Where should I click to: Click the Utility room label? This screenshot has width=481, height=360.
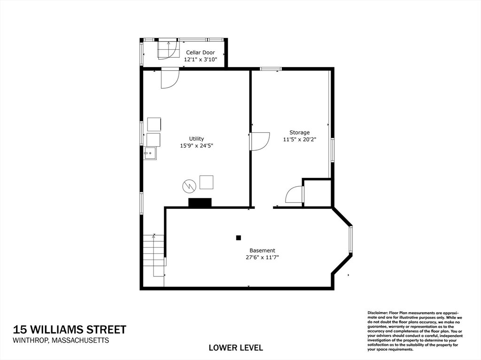(x=196, y=138)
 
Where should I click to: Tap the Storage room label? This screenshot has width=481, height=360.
(x=299, y=132)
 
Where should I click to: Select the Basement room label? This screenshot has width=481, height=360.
(x=262, y=251)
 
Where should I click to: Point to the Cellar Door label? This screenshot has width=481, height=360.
(x=200, y=53)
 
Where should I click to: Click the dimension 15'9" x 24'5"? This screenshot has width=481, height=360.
(x=196, y=146)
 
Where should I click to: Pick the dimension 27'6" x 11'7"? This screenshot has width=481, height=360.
(x=262, y=258)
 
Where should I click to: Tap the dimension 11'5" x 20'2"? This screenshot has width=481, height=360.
(x=299, y=139)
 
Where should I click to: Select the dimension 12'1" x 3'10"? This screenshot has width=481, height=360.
(x=200, y=60)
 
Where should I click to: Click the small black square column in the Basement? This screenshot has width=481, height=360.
(x=238, y=237)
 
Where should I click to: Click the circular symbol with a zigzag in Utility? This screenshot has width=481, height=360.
(x=189, y=186)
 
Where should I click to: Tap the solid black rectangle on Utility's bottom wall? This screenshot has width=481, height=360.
(x=200, y=202)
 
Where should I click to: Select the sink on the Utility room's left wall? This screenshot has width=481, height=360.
(x=150, y=153)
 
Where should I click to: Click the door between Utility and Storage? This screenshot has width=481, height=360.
(x=259, y=141)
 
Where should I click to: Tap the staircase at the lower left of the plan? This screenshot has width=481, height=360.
(x=154, y=255)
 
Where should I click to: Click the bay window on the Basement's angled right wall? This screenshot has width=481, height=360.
(x=351, y=239)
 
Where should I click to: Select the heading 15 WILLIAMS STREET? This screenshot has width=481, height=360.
(x=70, y=329)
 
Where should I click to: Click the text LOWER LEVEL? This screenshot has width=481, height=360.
(x=236, y=348)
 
